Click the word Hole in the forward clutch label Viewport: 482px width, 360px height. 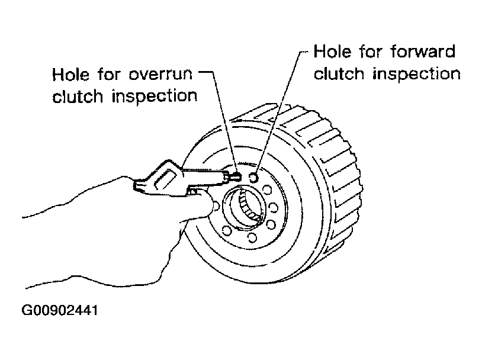point(332,52)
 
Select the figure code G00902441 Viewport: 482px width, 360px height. point(53,309)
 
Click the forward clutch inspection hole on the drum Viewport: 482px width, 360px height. point(254,176)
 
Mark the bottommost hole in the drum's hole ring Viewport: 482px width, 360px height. point(252,237)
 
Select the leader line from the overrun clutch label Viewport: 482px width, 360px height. point(220,118)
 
